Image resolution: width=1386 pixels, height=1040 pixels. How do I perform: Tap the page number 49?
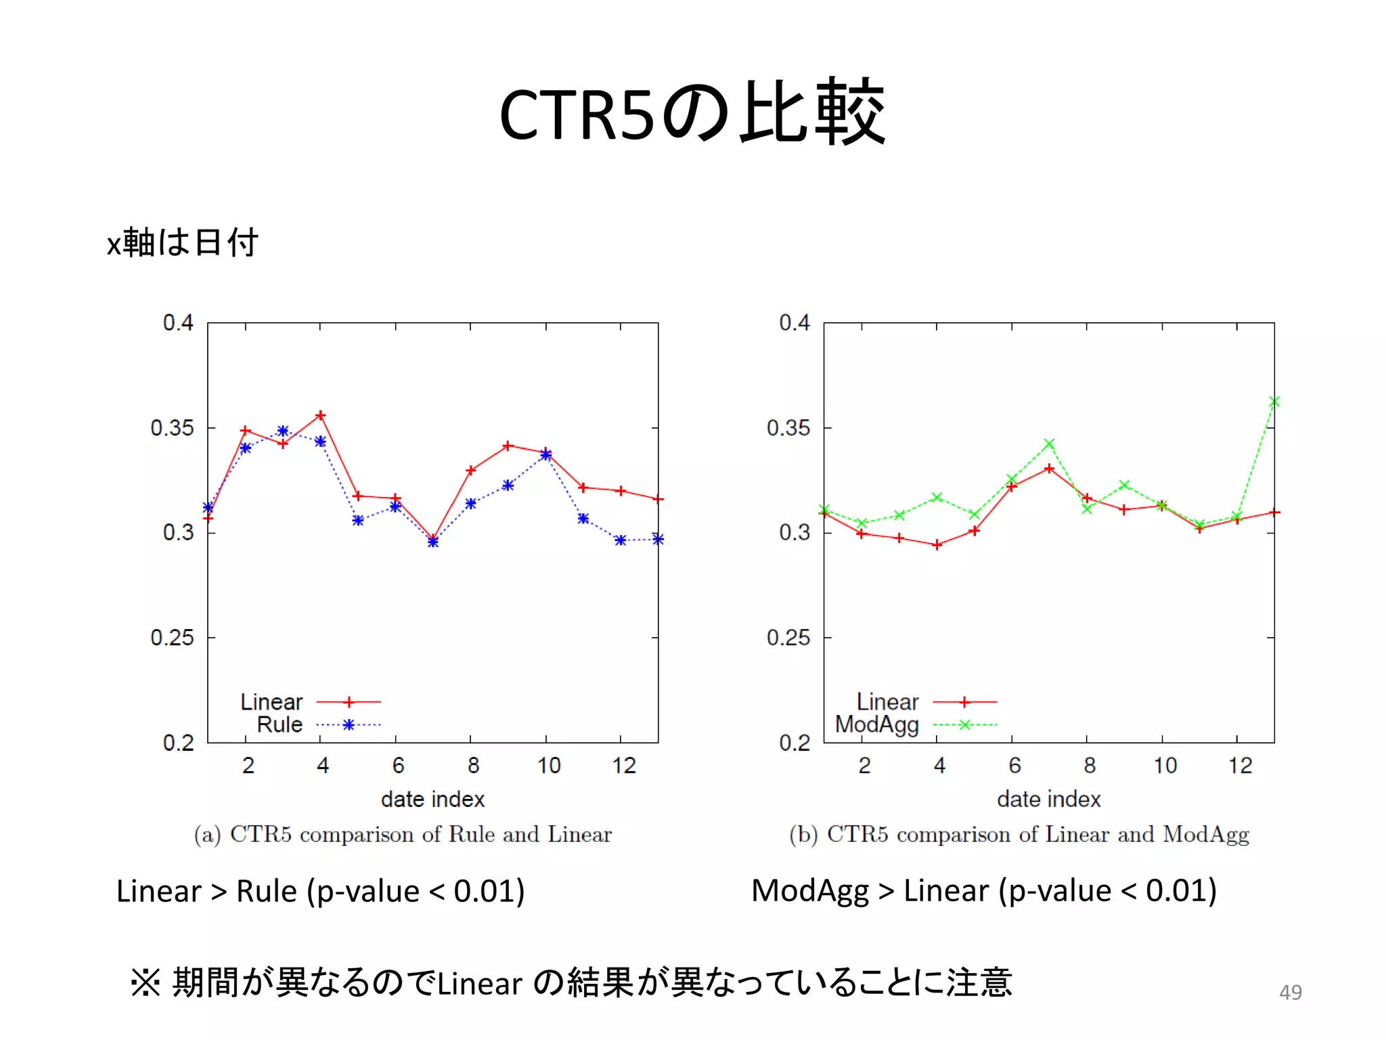(x=1290, y=992)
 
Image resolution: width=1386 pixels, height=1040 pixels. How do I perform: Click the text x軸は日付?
(x=182, y=242)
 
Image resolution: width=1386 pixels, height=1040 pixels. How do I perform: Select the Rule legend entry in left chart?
(x=280, y=724)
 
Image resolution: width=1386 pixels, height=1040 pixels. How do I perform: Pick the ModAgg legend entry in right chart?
(x=876, y=724)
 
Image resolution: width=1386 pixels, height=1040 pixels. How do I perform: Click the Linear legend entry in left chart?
(x=271, y=701)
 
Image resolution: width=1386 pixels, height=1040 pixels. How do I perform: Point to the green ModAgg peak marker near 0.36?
(x=1274, y=402)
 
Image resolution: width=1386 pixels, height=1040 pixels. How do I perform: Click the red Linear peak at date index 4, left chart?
(x=321, y=415)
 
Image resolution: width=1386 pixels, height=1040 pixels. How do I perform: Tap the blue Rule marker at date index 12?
(x=621, y=540)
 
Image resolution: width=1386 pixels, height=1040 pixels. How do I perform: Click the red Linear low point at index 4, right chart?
(x=937, y=545)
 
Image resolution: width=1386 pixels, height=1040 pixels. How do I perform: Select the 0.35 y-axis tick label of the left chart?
(x=172, y=428)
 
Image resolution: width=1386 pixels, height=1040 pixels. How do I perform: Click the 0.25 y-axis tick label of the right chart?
(x=788, y=637)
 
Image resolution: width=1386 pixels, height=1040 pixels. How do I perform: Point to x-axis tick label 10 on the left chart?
(x=548, y=765)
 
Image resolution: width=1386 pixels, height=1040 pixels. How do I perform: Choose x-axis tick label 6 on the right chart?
(x=1014, y=765)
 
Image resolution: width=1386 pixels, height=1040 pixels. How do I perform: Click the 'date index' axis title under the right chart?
(x=1048, y=799)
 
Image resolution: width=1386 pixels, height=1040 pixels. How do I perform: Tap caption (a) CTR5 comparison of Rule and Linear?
(x=403, y=834)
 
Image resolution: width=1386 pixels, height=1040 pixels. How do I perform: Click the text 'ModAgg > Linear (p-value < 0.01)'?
(x=983, y=890)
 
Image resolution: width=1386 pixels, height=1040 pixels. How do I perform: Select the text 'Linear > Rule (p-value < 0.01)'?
(x=320, y=891)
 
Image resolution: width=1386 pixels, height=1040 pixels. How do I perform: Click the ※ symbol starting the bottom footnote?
(x=145, y=982)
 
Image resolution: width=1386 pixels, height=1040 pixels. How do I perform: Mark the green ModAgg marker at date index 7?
(x=1049, y=444)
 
